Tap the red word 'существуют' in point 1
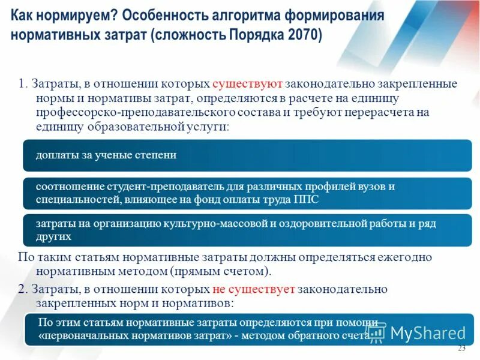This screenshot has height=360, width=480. (247, 83)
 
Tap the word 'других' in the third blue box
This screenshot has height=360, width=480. (53, 236)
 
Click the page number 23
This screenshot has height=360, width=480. (461, 348)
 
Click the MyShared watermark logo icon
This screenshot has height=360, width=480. (377, 332)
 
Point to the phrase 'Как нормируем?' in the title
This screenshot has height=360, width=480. (59, 15)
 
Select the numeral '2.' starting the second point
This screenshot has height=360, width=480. (22, 289)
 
